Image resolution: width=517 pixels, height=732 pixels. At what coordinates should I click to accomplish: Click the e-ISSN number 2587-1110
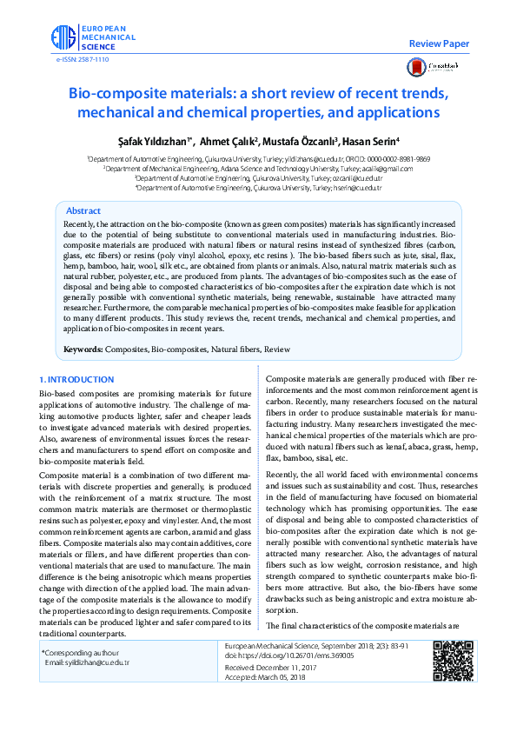[83, 60]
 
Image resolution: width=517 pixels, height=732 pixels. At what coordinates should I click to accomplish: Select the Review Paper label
[439, 43]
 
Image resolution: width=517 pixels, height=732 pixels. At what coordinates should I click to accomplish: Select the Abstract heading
[83, 211]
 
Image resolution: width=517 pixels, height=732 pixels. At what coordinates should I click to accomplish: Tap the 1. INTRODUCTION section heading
[76, 380]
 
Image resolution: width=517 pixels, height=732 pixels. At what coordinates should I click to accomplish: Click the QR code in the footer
[449, 660]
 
